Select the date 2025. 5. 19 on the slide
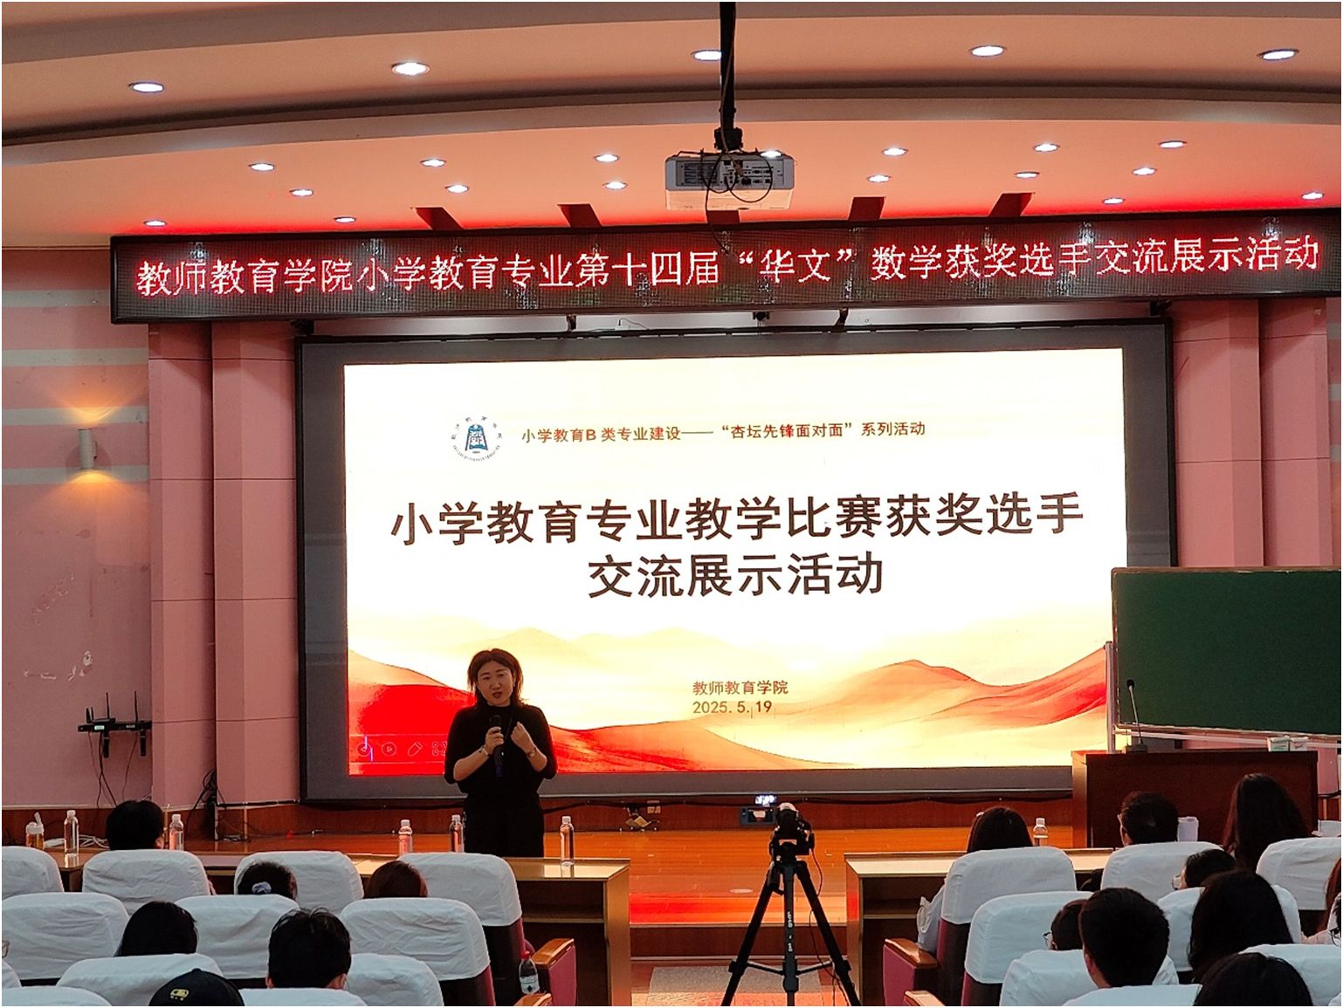tap(733, 707)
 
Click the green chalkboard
tap(1226, 651)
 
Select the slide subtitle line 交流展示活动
tap(735, 574)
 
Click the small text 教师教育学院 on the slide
tap(740, 687)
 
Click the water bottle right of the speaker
tap(567, 840)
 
